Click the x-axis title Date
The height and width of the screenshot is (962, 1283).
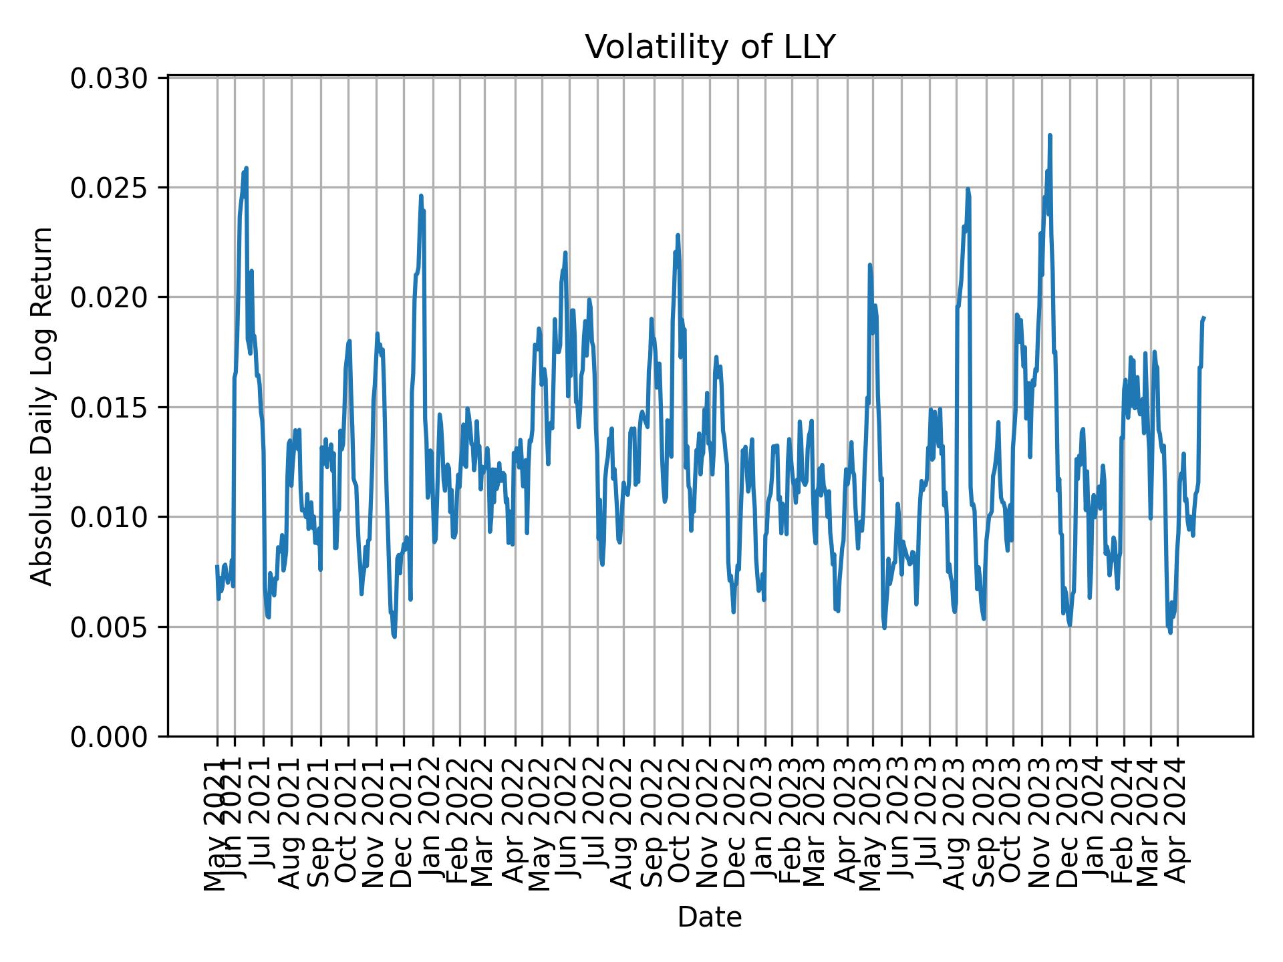(710, 917)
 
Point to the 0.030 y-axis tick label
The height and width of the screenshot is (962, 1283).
(110, 78)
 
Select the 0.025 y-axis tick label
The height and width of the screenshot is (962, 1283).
(110, 188)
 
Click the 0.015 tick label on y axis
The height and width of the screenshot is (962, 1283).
(110, 408)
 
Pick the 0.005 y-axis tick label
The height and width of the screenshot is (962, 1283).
(110, 627)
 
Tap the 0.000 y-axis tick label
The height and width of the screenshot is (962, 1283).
(110, 737)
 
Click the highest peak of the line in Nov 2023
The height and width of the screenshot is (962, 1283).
(1050, 136)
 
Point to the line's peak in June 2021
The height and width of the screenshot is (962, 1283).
(246, 168)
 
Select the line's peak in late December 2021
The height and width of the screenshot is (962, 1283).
(420, 196)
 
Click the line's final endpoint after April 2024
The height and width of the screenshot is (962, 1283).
(1203, 318)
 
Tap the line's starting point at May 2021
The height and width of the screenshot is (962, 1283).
(217, 567)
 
